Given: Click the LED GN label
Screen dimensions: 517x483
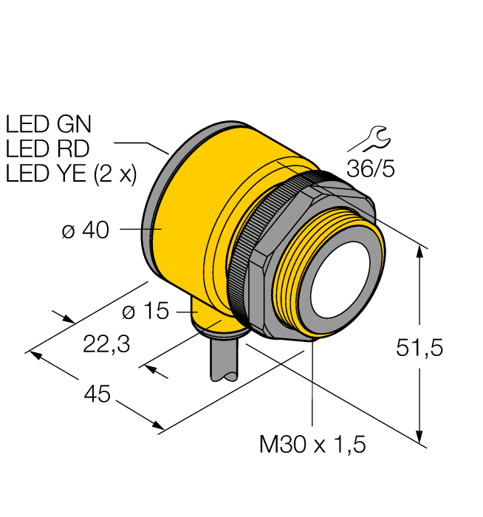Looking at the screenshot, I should (48, 123).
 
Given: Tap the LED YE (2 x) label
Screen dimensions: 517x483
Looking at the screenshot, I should (71, 174).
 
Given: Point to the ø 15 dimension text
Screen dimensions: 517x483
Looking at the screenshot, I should (145, 312).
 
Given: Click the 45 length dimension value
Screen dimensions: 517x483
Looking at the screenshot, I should (96, 395).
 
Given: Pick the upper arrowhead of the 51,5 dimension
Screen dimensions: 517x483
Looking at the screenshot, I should (420, 250).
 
